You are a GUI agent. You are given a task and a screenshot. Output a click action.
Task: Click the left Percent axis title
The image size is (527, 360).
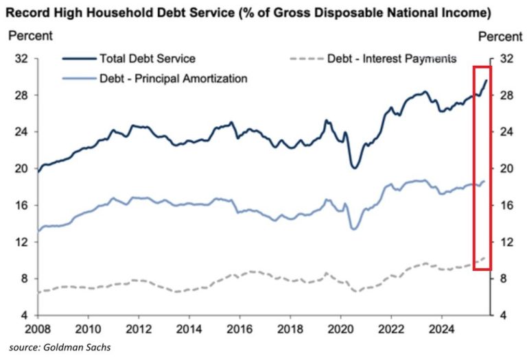pos(27,35)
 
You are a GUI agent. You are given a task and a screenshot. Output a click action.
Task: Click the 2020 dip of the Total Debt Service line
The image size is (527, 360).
pos(355,167)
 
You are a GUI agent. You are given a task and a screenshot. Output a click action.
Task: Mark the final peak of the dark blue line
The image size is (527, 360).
pos(487,80)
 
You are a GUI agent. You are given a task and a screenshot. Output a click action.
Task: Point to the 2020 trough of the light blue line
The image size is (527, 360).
pos(354,228)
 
